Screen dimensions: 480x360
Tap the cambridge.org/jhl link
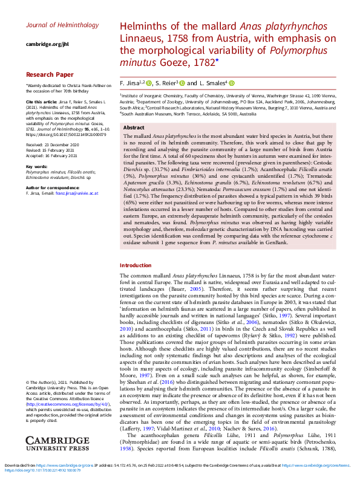47,44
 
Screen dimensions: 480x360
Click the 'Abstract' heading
134,128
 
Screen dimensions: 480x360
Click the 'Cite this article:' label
41,102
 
